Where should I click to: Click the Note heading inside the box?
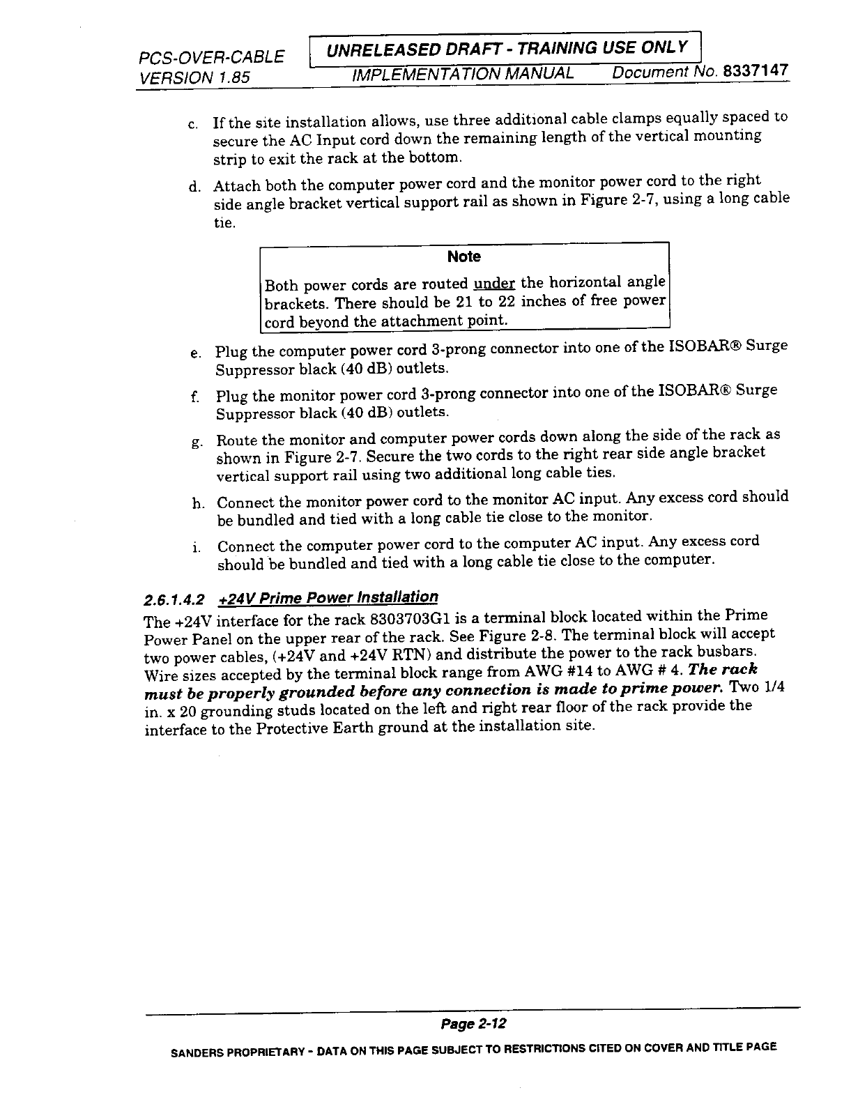pos(464,256)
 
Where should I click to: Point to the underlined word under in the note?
pos(493,283)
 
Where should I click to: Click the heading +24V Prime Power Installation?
pos(328,598)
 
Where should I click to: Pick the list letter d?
pos(193,187)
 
